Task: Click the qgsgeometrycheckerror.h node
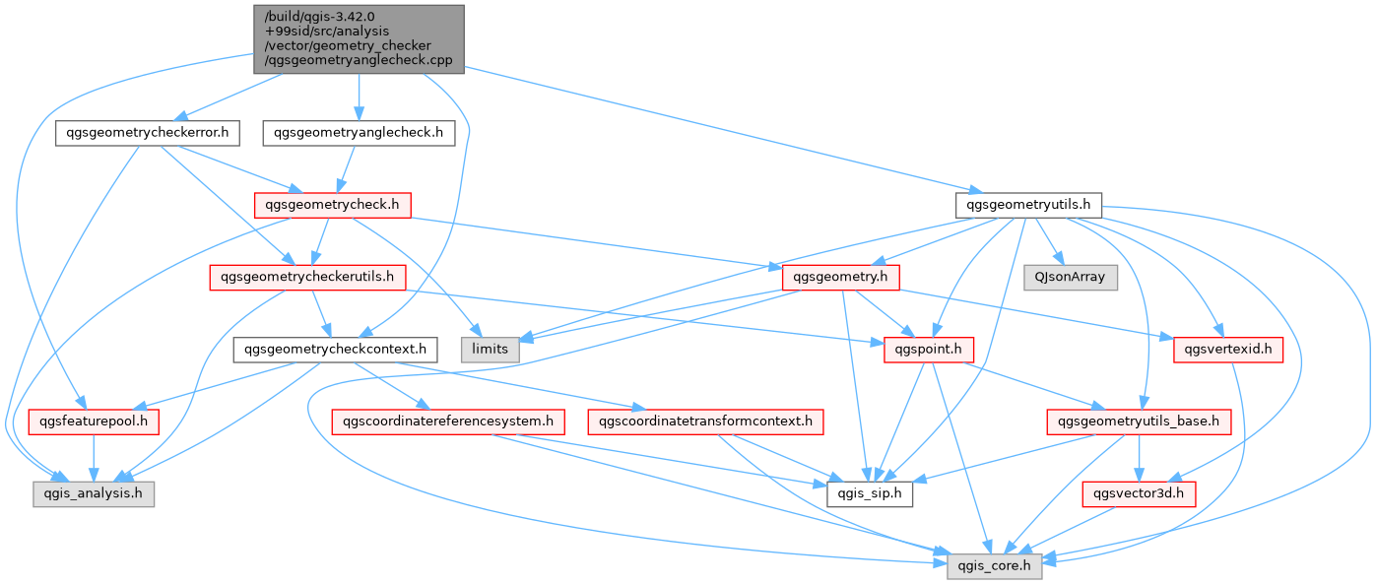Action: (148, 133)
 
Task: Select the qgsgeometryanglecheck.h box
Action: (359, 133)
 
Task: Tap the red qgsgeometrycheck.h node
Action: (332, 205)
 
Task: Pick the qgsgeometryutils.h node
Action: (1028, 205)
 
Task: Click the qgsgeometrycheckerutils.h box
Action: (307, 278)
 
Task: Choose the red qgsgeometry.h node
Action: (840, 278)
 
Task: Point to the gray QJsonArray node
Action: (1070, 278)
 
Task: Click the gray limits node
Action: (491, 350)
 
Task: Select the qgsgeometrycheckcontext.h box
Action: (336, 350)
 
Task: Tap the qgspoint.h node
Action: (929, 350)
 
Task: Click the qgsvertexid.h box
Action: (1228, 350)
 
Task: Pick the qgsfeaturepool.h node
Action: (94, 422)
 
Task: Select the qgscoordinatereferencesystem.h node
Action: (448, 422)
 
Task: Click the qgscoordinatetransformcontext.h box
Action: (705, 422)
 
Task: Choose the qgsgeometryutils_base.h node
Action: (1139, 422)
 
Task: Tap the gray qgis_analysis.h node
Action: (94, 494)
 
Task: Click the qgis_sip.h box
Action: (870, 494)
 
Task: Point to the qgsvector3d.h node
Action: (1139, 494)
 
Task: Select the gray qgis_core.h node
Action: (995, 566)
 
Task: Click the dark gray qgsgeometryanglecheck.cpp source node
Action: (359, 39)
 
